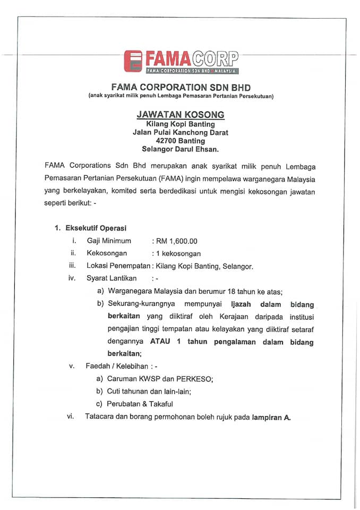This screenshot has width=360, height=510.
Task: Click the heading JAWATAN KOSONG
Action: pos(181,114)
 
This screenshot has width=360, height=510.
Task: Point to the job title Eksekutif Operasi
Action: pos(96,228)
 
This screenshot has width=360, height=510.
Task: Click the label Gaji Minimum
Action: pos(109,241)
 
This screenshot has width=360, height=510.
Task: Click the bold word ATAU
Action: pos(160,342)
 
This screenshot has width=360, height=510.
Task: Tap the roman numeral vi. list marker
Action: pos(70,416)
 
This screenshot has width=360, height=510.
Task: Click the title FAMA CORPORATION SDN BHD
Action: pos(181,87)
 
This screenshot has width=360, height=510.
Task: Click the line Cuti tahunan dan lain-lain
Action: pos(149,392)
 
